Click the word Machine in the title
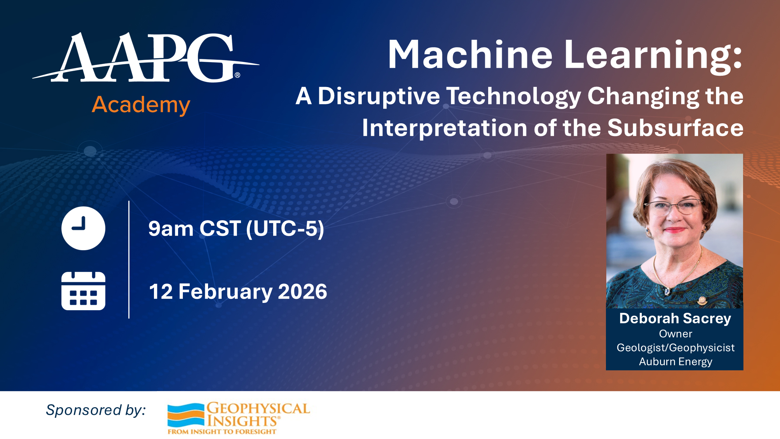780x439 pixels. coord(470,55)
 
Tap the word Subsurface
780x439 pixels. coord(675,128)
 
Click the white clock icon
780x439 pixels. coord(83,228)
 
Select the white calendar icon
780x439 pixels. coord(83,291)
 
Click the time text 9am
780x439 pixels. coord(171,229)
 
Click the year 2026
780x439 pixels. coord(302,292)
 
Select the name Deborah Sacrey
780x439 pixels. coord(675,319)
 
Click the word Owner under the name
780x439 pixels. coord(675,334)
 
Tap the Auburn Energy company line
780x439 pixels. coord(675,361)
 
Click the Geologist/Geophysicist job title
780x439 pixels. coord(675,348)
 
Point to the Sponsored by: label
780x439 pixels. coord(96,410)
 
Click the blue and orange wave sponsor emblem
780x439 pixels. coord(186,415)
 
